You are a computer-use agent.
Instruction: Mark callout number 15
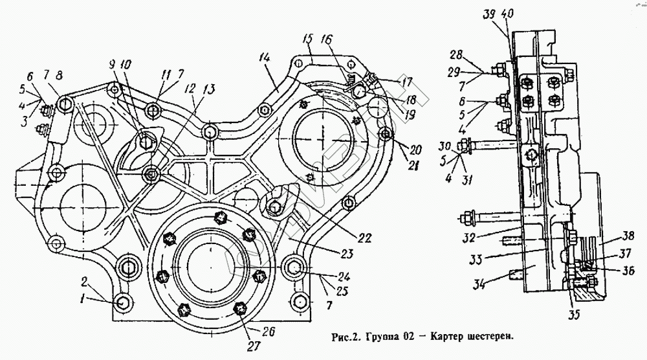[x=307, y=38]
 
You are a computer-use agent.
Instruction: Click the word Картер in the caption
[x=446, y=337]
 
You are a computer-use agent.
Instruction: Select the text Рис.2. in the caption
[x=344, y=337]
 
